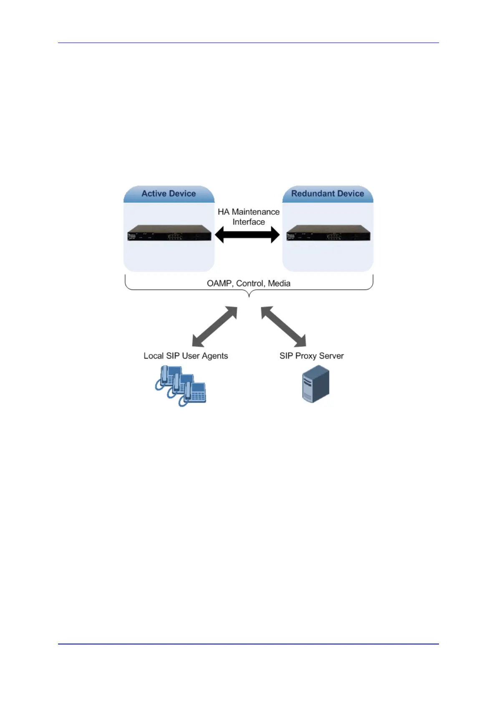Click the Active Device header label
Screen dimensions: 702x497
coord(169,194)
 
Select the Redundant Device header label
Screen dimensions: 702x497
coord(328,194)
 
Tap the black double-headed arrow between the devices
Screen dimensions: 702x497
coord(247,235)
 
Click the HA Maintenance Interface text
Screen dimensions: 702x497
coord(249,216)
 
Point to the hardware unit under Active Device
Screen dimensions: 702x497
coord(169,233)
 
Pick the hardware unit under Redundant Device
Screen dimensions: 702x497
coord(328,233)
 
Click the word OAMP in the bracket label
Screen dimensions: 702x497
coord(219,284)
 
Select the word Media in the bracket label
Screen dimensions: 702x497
coord(279,284)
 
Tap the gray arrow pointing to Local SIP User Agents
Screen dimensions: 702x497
coord(214,327)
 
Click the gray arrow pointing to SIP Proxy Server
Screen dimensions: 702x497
coord(284,327)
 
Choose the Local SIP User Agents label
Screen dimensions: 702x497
coord(186,356)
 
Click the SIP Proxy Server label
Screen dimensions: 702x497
coord(312,356)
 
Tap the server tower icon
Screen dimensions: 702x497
coord(315,384)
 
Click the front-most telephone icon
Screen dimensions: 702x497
coord(194,394)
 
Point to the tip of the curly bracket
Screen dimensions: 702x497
coord(249,296)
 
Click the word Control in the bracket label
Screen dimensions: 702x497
coord(250,284)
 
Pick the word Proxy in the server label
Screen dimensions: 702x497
coord(306,356)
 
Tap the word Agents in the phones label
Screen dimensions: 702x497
coord(215,356)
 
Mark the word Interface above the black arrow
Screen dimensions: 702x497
coord(249,222)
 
